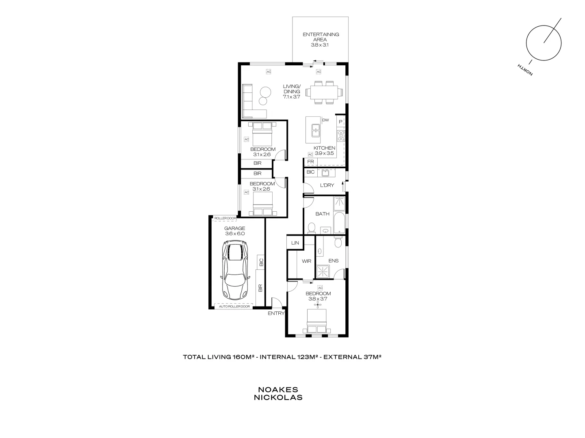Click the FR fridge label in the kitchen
311,162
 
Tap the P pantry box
340,122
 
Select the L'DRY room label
327,185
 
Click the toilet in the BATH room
312,228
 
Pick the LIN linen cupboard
295,243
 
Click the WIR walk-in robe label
306,261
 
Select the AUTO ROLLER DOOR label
234,307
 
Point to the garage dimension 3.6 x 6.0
235,234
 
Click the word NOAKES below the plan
278,390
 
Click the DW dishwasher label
325,120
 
